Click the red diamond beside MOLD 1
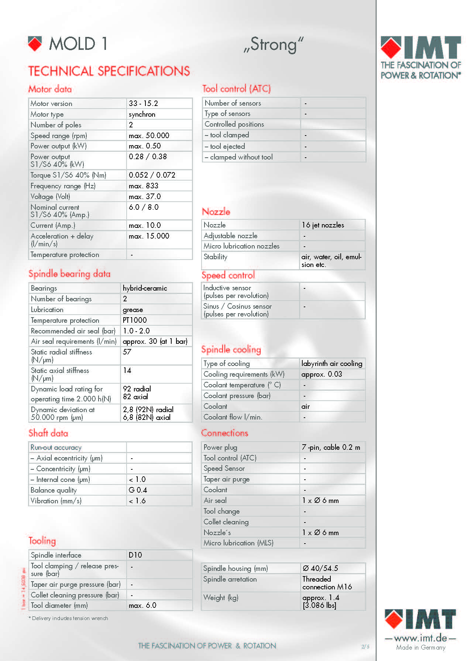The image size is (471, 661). [35, 44]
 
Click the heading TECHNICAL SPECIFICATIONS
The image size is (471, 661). [109, 71]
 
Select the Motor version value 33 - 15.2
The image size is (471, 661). [143, 103]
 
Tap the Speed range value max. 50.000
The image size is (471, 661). [149, 136]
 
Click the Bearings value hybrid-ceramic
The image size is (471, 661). [145, 288]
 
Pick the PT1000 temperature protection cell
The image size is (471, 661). [135, 320]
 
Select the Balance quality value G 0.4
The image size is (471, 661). [138, 490]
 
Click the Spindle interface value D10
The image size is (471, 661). [135, 555]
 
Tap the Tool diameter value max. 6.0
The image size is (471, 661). [142, 605]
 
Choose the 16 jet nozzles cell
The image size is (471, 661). [323, 225]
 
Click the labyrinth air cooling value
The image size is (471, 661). [331, 363]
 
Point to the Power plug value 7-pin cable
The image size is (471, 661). [331, 447]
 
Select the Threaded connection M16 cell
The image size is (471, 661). [327, 583]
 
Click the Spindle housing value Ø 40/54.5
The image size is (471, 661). [320, 568]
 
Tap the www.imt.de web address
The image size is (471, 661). [420, 638]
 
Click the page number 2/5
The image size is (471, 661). [365, 647]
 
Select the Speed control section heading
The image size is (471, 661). [228, 275]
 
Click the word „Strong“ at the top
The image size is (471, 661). [274, 45]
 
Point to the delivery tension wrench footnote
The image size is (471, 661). [68, 618]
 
